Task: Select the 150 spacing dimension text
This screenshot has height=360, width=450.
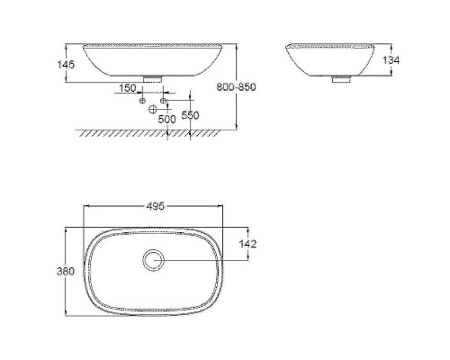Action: tap(126, 87)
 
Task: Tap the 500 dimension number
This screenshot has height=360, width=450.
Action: tap(166, 119)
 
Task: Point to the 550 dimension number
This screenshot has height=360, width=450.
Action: tap(190, 116)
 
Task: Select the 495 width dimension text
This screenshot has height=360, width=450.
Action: tap(155, 206)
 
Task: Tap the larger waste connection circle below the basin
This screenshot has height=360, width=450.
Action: tap(154, 109)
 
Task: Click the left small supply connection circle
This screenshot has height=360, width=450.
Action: tap(142, 100)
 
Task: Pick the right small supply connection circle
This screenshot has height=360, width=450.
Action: tap(164, 100)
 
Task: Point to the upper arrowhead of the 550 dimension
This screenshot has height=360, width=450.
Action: tap(190, 102)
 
